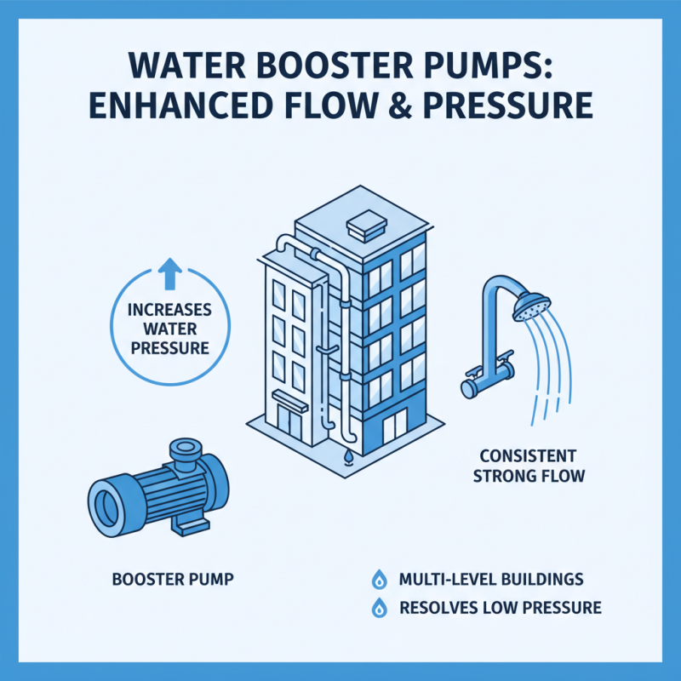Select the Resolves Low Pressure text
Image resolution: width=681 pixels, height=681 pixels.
(x=500, y=608)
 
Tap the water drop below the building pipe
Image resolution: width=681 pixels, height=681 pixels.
(x=347, y=458)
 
